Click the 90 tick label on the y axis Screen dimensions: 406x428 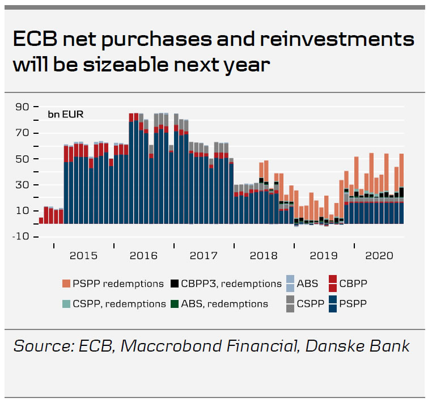pyautogui.click(x=23, y=107)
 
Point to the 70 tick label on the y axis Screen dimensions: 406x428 pyautogui.click(x=23, y=133)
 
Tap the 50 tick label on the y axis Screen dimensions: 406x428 pyautogui.click(x=23, y=159)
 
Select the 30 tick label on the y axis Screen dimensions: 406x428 pyautogui.click(x=23, y=185)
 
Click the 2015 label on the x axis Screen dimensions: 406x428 pyautogui.click(x=83, y=256)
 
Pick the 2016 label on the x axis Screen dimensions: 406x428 pyautogui.click(x=143, y=256)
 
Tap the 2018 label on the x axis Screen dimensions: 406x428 pyautogui.click(x=264, y=256)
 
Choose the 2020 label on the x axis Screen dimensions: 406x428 pyautogui.click(x=380, y=256)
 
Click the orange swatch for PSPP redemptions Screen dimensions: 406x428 pyautogui.click(x=66, y=284)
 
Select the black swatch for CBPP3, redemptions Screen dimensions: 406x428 pyautogui.click(x=175, y=284)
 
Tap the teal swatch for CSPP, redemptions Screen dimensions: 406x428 pyautogui.click(x=66, y=303)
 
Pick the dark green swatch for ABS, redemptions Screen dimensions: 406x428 pyautogui.click(x=175, y=303)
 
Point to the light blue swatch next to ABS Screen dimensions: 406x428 pyautogui.click(x=290, y=284)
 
